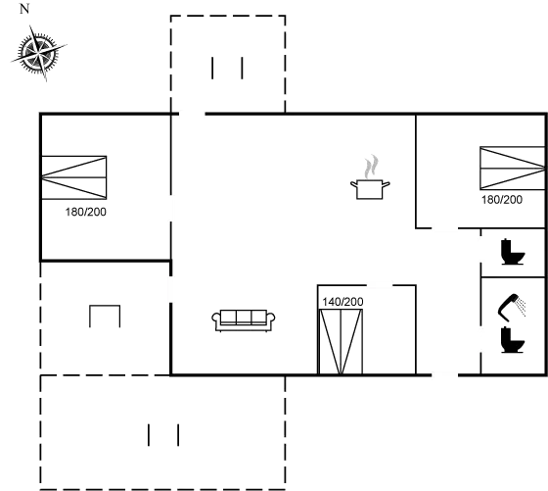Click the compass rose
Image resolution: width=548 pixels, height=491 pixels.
coord(38,53)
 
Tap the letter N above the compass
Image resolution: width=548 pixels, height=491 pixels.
coord(24,9)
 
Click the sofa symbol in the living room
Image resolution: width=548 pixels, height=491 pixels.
coord(244,320)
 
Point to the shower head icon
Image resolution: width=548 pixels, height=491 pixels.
coord(508,308)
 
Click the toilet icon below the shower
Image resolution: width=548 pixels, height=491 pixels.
coord(513,340)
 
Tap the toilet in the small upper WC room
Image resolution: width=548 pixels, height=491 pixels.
coord(513,252)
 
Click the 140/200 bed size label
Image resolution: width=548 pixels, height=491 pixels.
coord(342,302)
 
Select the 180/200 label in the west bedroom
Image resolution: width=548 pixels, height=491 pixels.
coord(86,212)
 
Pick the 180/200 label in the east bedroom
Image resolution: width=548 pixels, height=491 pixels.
coord(502,200)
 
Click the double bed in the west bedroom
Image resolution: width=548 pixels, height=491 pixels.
coord(73,177)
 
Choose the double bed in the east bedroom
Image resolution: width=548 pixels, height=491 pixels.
coord(513,169)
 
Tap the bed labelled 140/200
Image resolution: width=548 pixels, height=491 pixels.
coord(341,342)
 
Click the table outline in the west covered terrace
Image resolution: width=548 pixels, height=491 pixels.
coord(105,306)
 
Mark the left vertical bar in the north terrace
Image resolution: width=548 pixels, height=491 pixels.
coord(212,69)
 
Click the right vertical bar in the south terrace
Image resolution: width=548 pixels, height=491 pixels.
coord(178,435)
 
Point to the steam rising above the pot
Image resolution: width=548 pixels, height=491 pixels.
coord(371,167)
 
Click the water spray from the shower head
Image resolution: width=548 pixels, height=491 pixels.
coord(522,307)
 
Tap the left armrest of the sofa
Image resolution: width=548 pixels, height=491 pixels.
coord(216,319)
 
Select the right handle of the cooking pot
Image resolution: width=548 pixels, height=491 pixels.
coord(386,185)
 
